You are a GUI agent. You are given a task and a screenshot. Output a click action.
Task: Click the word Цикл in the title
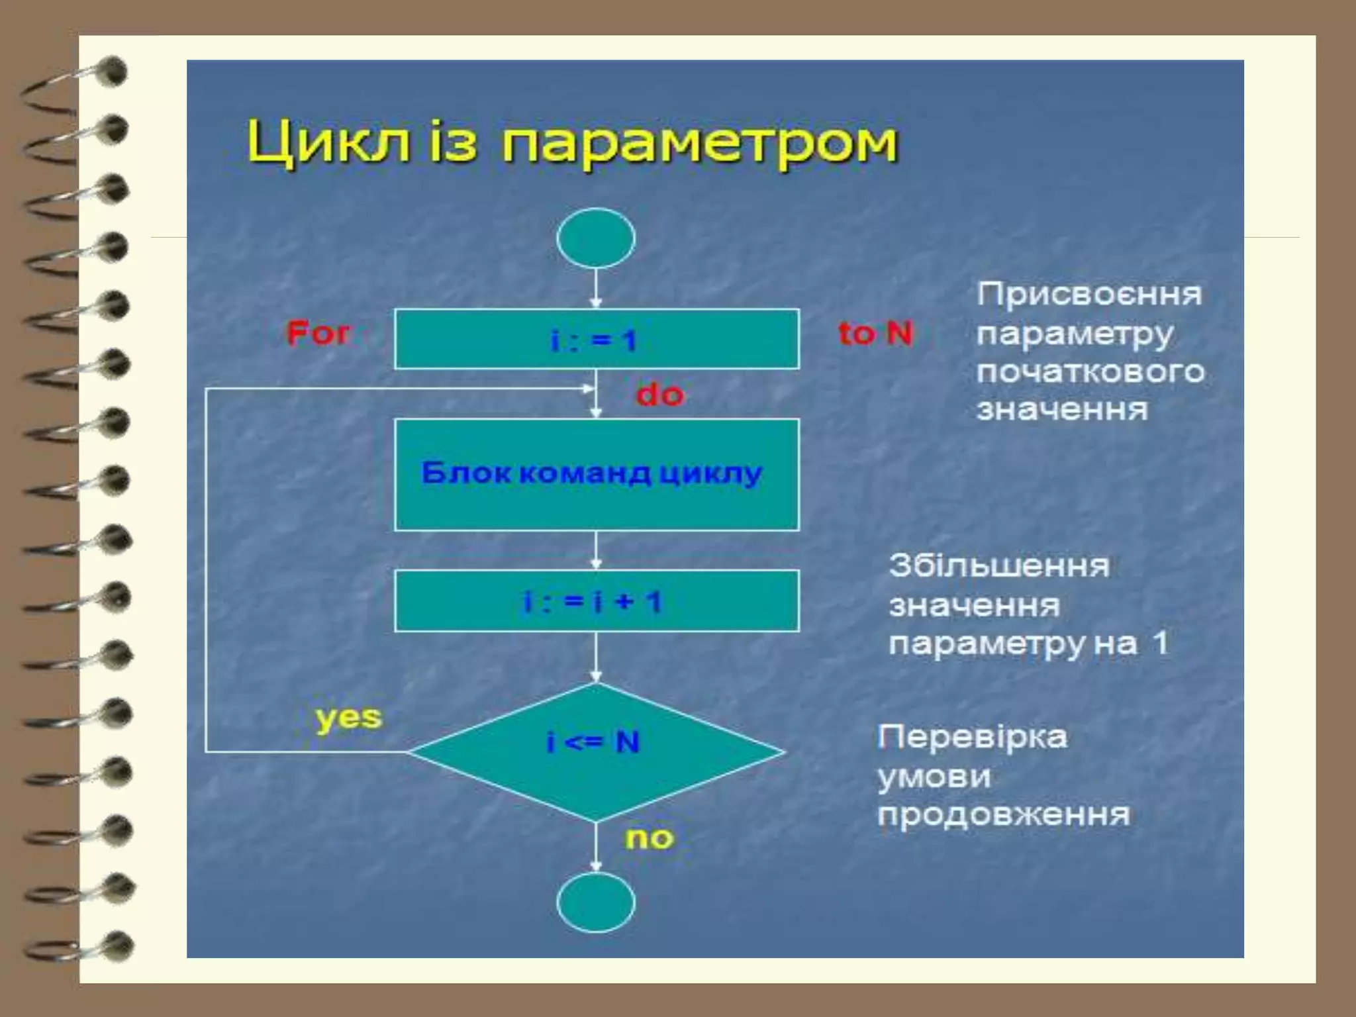pyautogui.click(x=328, y=144)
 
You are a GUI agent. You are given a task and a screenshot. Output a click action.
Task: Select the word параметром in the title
pyautogui.click(x=699, y=144)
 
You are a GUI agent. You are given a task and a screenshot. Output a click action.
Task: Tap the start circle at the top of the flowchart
pyautogui.click(x=596, y=238)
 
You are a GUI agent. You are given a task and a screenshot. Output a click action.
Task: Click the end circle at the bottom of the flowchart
pyautogui.click(x=596, y=902)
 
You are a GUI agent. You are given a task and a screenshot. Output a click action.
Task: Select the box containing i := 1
pyautogui.click(x=597, y=339)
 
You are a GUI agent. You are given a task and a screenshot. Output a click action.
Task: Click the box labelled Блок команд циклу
pyautogui.click(x=597, y=474)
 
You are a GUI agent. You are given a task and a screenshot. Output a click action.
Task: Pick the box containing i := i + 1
pyautogui.click(x=597, y=601)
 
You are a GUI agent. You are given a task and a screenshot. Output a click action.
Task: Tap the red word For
pyautogui.click(x=318, y=333)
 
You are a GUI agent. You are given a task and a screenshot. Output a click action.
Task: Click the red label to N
pyautogui.click(x=875, y=333)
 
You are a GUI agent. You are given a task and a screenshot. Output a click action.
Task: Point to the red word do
pyautogui.click(x=659, y=395)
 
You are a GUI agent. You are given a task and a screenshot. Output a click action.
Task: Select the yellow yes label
pyautogui.click(x=349, y=718)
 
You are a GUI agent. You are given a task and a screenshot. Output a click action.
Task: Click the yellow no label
pyautogui.click(x=650, y=838)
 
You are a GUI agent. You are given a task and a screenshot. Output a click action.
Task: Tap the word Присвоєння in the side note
pyautogui.click(x=1089, y=294)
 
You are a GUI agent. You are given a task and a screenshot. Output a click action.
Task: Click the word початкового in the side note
pyautogui.click(x=1090, y=371)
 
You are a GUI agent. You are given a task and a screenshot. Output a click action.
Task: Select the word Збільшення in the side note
pyautogui.click(x=999, y=566)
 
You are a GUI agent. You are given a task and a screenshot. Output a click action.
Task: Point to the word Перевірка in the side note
pyautogui.click(x=972, y=737)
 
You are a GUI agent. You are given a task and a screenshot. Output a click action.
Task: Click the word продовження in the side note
pyautogui.click(x=1004, y=814)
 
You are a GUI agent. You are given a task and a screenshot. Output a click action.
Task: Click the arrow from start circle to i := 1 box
pyautogui.click(x=596, y=288)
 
